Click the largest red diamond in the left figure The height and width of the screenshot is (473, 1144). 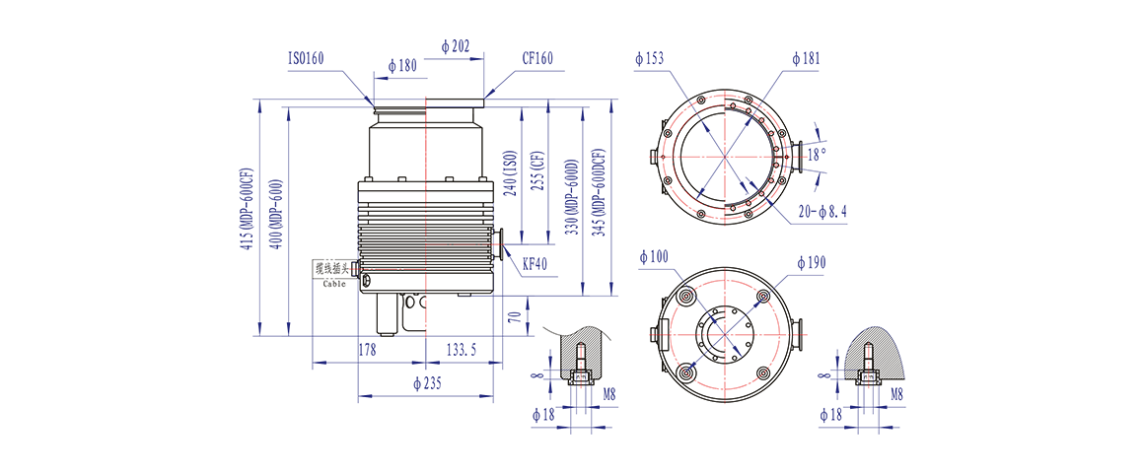(426, 154)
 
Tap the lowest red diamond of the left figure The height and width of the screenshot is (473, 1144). (426, 319)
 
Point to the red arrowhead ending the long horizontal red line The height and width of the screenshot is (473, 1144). (353, 268)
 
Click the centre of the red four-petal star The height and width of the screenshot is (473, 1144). (725, 155)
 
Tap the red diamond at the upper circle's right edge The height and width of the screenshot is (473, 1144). (797, 155)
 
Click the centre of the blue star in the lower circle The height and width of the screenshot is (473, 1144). (725, 335)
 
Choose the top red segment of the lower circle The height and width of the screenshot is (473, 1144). (725, 287)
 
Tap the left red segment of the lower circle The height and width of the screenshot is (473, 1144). (679, 335)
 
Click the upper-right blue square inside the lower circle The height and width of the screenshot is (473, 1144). (750, 312)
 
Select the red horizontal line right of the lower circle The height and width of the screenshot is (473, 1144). (809, 335)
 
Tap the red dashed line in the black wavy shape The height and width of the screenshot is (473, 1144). (580, 365)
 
